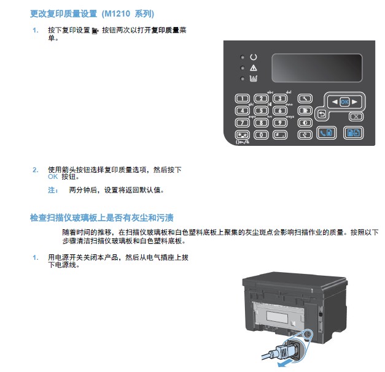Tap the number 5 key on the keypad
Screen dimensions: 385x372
coord(261,110)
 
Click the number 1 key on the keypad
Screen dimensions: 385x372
coord(243,99)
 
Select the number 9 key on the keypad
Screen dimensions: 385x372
coord(280,123)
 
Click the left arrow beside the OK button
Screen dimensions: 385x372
coord(335,102)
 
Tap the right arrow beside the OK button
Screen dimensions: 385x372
coord(354,102)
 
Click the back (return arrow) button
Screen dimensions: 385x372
coord(322,114)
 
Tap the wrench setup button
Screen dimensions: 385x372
coord(305,99)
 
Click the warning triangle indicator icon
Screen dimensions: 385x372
coord(254,68)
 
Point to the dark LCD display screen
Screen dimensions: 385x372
coord(317,68)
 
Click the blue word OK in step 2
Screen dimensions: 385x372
coord(53,177)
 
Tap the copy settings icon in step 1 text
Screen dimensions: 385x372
coord(95,31)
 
